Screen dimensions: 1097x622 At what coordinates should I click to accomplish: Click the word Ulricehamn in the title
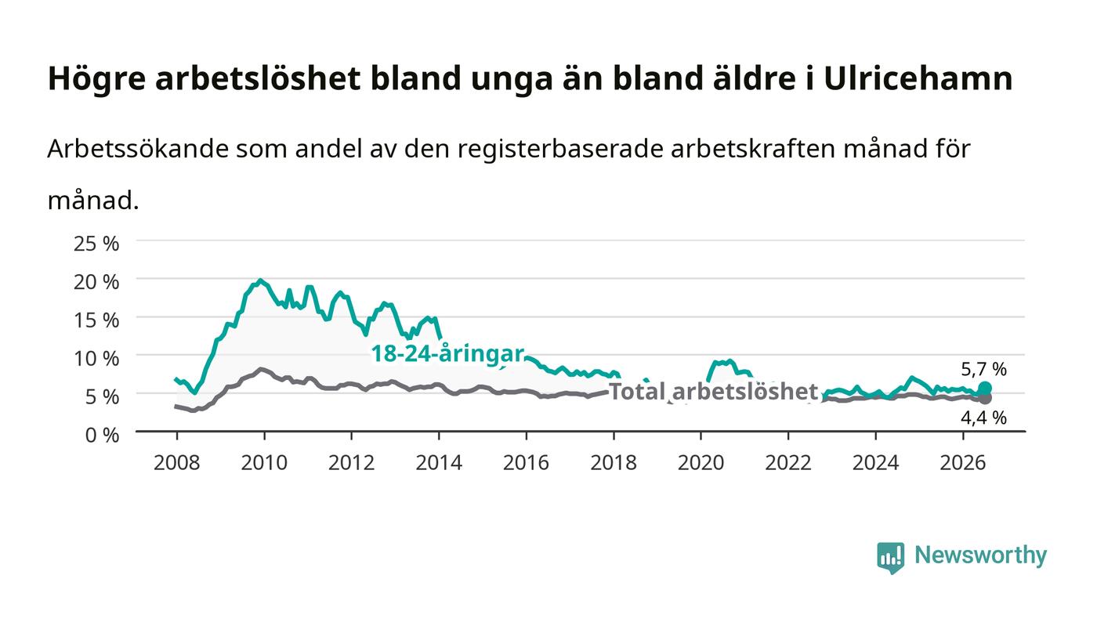point(918,78)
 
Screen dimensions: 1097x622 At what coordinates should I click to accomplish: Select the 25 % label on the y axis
point(96,244)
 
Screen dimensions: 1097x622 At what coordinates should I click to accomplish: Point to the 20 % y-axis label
point(96,281)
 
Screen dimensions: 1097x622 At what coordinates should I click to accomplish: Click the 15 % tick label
point(96,320)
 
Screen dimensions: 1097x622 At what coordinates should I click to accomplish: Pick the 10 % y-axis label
point(96,358)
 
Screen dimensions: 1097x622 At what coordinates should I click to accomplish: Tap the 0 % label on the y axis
point(102,435)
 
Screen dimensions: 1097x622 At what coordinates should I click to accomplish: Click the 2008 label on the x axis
point(177,462)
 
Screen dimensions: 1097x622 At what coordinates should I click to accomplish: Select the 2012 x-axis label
point(351,462)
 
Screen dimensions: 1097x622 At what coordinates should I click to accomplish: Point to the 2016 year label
point(526,462)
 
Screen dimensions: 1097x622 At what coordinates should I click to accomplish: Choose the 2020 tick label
point(701,462)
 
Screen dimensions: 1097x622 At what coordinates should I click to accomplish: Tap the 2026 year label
point(963,462)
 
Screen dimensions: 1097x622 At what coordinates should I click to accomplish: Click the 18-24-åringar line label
point(447,353)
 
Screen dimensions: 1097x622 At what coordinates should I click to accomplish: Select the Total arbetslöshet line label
point(713,392)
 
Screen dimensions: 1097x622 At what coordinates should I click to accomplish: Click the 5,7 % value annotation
point(983,369)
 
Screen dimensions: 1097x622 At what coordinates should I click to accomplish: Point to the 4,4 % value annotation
point(983,418)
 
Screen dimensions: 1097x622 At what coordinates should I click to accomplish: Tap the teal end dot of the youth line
point(985,389)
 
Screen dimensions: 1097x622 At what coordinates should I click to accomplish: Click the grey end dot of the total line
point(985,398)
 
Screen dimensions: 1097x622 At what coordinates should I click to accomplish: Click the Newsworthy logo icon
point(890,557)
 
